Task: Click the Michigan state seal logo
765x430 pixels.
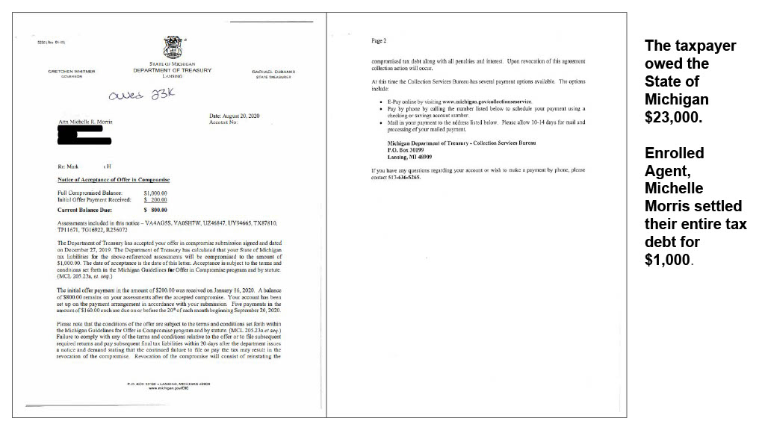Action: coord(172,46)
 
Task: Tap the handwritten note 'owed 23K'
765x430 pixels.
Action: coord(137,97)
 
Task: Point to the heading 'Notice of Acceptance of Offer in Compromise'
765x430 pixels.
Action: coord(114,180)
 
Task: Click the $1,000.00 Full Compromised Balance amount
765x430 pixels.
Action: coord(157,193)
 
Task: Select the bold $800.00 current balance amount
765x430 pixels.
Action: coord(157,210)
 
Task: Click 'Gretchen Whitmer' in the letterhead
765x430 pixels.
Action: coord(71,72)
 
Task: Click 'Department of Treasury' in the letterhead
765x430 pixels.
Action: coord(172,71)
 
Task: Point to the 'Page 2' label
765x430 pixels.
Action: coord(379,40)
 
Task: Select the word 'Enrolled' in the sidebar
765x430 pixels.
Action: coord(674,153)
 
